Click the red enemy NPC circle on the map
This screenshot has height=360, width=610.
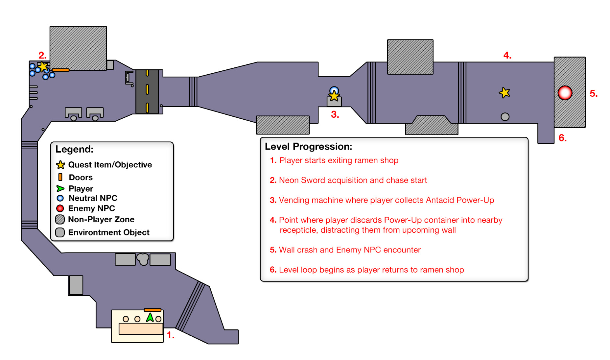click(565, 93)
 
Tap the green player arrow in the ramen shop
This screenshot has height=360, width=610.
click(150, 317)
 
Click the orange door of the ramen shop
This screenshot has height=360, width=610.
click(152, 310)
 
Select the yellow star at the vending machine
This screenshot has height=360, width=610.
click(334, 96)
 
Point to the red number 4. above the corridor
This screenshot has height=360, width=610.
click(507, 55)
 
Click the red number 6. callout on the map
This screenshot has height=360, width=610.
click(562, 138)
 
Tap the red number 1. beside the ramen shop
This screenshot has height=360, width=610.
click(170, 335)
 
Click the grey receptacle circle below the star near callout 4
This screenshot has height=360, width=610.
click(505, 117)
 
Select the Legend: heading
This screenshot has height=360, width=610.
click(74, 149)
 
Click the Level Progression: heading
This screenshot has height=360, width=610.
click(308, 147)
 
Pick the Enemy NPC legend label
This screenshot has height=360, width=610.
click(91, 208)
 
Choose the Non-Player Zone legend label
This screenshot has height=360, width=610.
click(101, 219)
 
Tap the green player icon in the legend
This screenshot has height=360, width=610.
click(60, 189)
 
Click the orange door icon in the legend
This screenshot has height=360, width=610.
click(60, 177)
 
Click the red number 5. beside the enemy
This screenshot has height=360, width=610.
click(593, 93)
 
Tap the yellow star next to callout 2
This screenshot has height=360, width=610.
click(43, 66)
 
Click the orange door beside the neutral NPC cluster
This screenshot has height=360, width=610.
click(60, 70)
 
